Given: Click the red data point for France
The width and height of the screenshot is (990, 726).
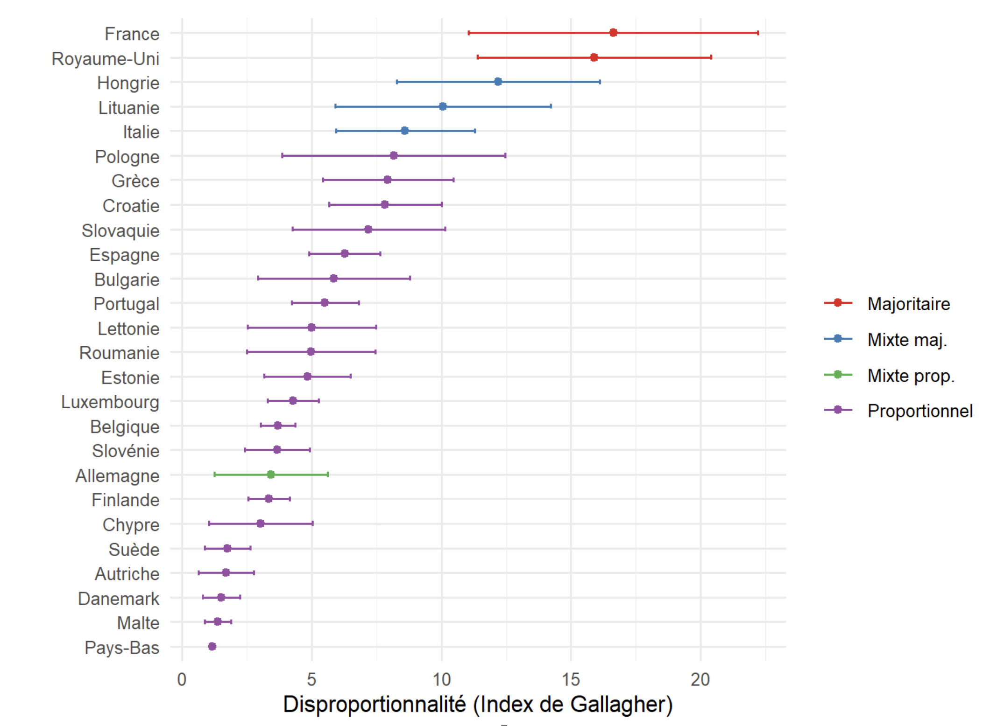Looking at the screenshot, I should coord(613,33).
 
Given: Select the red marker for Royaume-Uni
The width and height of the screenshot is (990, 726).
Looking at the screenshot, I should coord(594,57).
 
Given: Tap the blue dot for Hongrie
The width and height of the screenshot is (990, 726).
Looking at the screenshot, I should coord(498,82).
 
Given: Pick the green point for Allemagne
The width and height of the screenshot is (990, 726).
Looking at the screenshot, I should coord(270,475).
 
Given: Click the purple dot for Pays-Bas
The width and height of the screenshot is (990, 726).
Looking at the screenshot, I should coord(212,646).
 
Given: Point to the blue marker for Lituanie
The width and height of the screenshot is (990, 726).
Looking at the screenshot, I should coord(443,106).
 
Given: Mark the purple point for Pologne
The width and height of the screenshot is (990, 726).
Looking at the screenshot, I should coord(394,155).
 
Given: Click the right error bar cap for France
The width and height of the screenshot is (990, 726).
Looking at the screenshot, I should coord(758,33).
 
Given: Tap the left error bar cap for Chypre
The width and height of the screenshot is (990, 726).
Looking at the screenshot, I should coord(209,524).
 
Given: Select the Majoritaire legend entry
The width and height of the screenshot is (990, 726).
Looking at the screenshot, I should coord(908,304).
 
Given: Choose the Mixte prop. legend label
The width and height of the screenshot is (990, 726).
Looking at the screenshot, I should coord(911,376).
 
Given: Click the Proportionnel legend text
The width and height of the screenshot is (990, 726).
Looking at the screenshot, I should coord(919,411).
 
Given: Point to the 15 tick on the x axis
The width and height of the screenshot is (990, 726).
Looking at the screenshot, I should coord(571,679).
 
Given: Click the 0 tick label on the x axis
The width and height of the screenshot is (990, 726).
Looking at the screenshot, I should coord(182,679).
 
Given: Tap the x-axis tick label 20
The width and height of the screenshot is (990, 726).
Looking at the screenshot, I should coord(700,679).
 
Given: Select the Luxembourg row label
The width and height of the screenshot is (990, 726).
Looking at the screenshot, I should coord(110,402).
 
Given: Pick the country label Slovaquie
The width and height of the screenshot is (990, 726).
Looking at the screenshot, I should coord(120,230).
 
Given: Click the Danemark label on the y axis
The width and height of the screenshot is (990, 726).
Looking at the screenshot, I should coord(119,599).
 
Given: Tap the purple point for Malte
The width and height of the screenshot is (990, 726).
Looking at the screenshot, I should coord(218,621).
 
